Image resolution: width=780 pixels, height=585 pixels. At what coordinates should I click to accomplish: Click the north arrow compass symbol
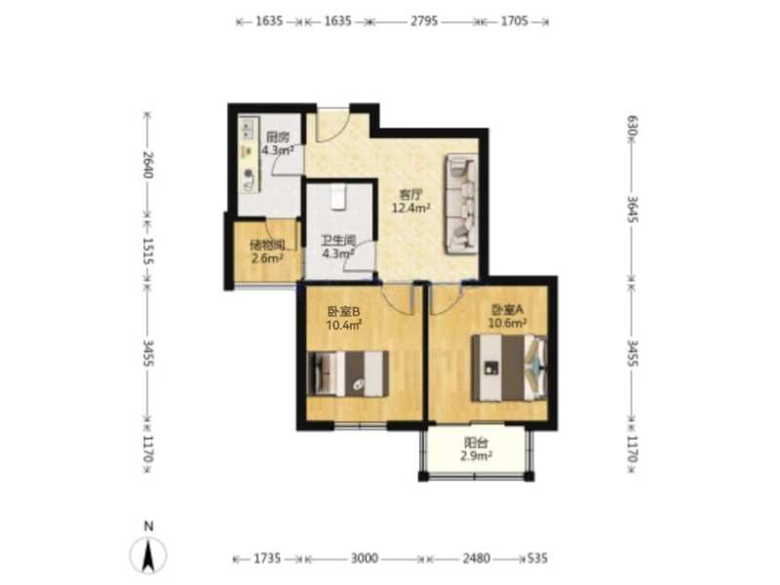point(148,554)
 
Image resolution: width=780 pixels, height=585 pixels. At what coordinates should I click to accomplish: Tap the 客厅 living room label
point(410,194)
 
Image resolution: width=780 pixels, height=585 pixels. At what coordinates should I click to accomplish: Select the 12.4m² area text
point(410,208)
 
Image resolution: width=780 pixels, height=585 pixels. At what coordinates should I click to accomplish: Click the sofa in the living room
point(461,204)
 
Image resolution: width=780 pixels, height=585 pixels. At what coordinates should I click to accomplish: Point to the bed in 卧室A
point(509,368)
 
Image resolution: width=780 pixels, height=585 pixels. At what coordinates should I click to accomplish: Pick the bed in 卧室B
point(348,373)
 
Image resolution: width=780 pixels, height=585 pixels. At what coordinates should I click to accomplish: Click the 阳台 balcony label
point(476,443)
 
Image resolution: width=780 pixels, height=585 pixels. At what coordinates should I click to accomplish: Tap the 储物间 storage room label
point(267,245)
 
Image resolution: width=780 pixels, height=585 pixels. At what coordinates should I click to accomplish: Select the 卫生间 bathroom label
point(338,241)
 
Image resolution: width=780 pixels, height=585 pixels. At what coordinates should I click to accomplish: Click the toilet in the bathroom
point(338,198)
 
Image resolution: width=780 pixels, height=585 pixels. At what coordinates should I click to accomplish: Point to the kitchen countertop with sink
point(249,155)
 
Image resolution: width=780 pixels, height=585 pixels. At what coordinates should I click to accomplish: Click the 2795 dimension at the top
point(424,20)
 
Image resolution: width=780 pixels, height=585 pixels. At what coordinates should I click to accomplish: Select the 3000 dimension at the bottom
point(365,558)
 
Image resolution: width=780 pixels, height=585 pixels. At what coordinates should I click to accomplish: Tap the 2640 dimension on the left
point(147,164)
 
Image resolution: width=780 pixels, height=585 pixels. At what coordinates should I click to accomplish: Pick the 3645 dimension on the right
point(632,209)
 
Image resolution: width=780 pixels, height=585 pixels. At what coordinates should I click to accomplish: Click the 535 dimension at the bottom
point(537,558)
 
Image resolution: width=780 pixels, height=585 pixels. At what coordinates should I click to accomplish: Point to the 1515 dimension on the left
point(147,251)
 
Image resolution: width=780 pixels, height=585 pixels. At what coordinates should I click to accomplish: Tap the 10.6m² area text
point(507,324)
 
